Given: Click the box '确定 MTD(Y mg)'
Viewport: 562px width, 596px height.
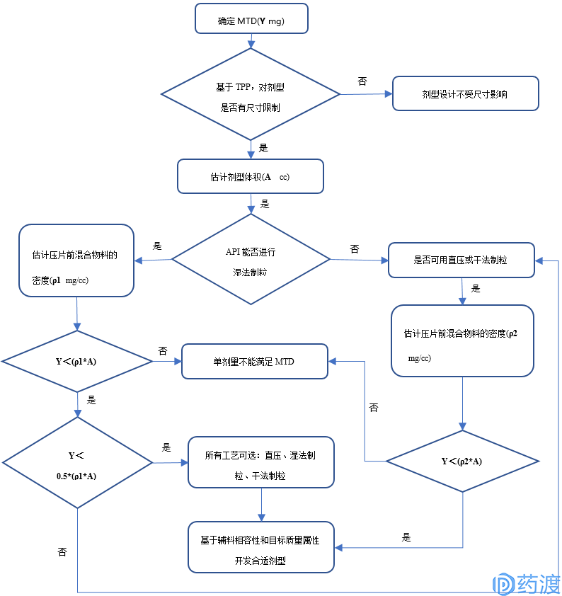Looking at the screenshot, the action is [x=251, y=18].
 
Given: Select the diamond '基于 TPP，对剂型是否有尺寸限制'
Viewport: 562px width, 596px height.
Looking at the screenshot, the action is [x=251, y=94].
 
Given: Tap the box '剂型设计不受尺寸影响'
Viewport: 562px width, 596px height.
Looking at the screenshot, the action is [x=466, y=93].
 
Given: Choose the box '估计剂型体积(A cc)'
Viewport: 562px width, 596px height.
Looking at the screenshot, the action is [x=251, y=176].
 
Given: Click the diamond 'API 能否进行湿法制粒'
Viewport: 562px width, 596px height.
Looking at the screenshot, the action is [x=251, y=259].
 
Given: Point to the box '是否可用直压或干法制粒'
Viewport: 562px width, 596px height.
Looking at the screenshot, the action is [x=461, y=260].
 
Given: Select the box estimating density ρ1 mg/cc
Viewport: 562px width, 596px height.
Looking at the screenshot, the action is [x=76, y=260].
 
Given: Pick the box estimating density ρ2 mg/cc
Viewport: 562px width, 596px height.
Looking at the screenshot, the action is [x=462, y=341].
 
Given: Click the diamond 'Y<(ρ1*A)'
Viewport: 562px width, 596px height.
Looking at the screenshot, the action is [x=77, y=361].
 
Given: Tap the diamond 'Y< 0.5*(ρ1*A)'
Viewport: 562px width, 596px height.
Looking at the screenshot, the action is [x=78, y=463].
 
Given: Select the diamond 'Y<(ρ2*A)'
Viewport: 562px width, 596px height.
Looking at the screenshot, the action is [x=462, y=461].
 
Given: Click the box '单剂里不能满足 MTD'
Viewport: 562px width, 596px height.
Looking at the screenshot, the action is [x=255, y=362].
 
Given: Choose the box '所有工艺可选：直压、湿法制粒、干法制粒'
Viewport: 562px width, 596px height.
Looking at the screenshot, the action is [x=261, y=462].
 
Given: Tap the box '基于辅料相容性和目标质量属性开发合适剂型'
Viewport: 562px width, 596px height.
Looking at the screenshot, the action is [x=261, y=547].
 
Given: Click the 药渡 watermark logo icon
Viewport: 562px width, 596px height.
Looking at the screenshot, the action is [x=503, y=584].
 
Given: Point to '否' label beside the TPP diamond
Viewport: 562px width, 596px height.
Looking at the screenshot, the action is [x=362, y=81].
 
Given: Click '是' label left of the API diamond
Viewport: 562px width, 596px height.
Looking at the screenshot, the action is [x=157, y=246].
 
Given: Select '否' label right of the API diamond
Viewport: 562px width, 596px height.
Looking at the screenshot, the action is [x=355, y=249].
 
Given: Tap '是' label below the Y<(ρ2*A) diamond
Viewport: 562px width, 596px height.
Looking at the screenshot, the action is [x=406, y=537].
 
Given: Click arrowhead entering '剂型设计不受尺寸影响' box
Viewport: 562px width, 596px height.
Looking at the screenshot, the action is [x=389, y=94].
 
